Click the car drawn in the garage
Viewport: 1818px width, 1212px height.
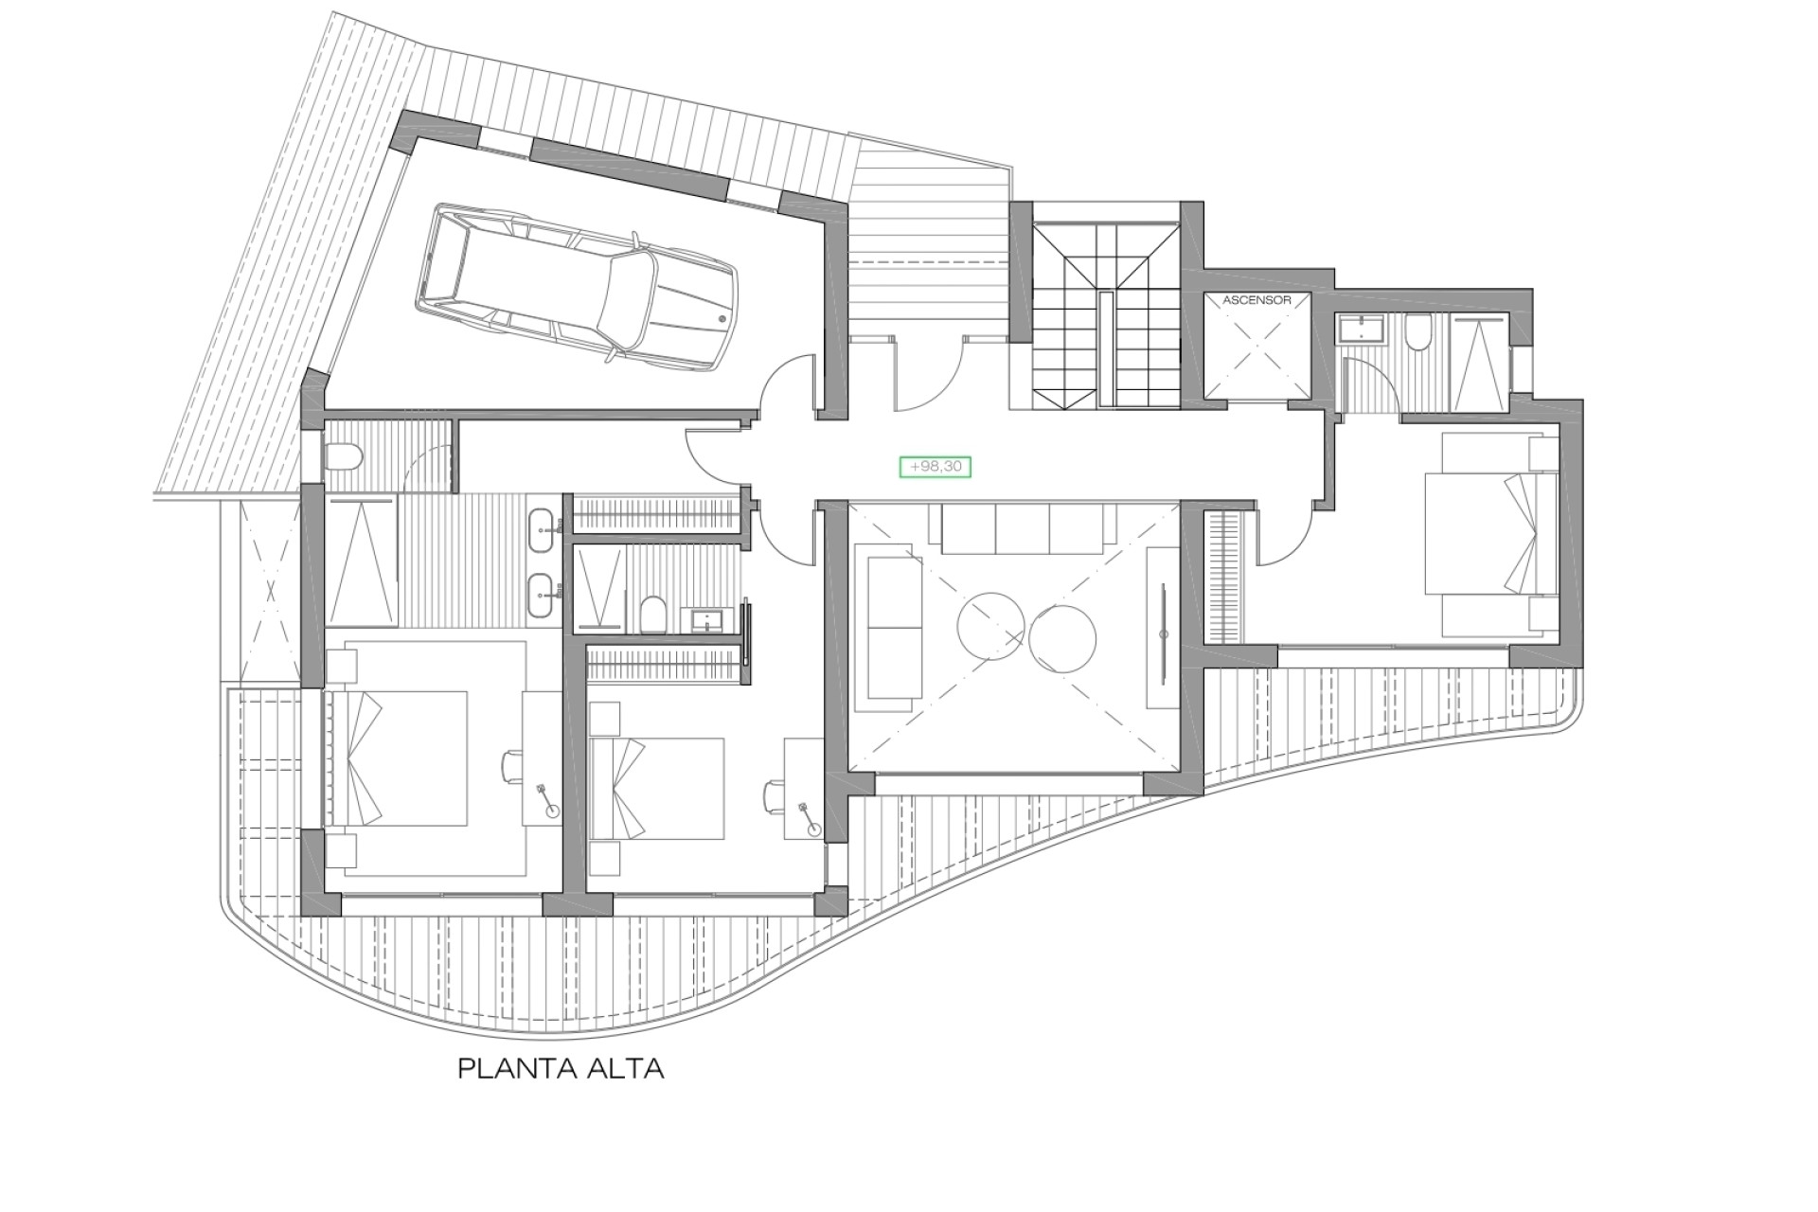point(578,284)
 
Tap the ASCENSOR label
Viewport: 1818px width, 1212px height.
point(1257,300)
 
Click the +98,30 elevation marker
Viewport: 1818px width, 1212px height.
point(935,467)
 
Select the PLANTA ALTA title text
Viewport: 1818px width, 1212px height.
point(561,1069)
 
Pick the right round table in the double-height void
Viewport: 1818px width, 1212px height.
point(1062,640)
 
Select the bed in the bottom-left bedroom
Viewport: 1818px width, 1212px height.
point(398,757)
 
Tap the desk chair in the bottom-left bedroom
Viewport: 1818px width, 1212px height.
point(512,765)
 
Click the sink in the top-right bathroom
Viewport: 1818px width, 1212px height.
point(1362,330)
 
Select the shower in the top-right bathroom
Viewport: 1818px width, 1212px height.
point(1479,364)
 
